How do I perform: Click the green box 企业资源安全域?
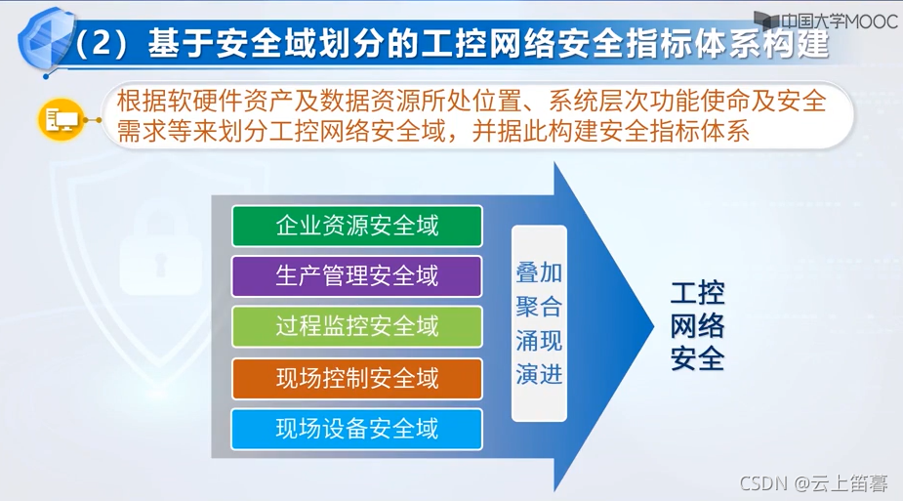(356, 226)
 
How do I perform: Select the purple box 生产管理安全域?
(356, 276)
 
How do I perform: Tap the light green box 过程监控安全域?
(356, 327)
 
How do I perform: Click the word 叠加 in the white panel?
(539, 272)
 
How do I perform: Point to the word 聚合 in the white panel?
(539, 307)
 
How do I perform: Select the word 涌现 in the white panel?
(539, 341)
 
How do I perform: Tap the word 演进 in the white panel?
(539, 374)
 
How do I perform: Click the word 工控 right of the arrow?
(697, 294)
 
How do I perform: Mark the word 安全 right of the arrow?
(697, 358)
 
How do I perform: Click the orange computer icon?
(61, 120)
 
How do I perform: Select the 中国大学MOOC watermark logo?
(825, 20)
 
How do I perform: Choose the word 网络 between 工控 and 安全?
(697, 326)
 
